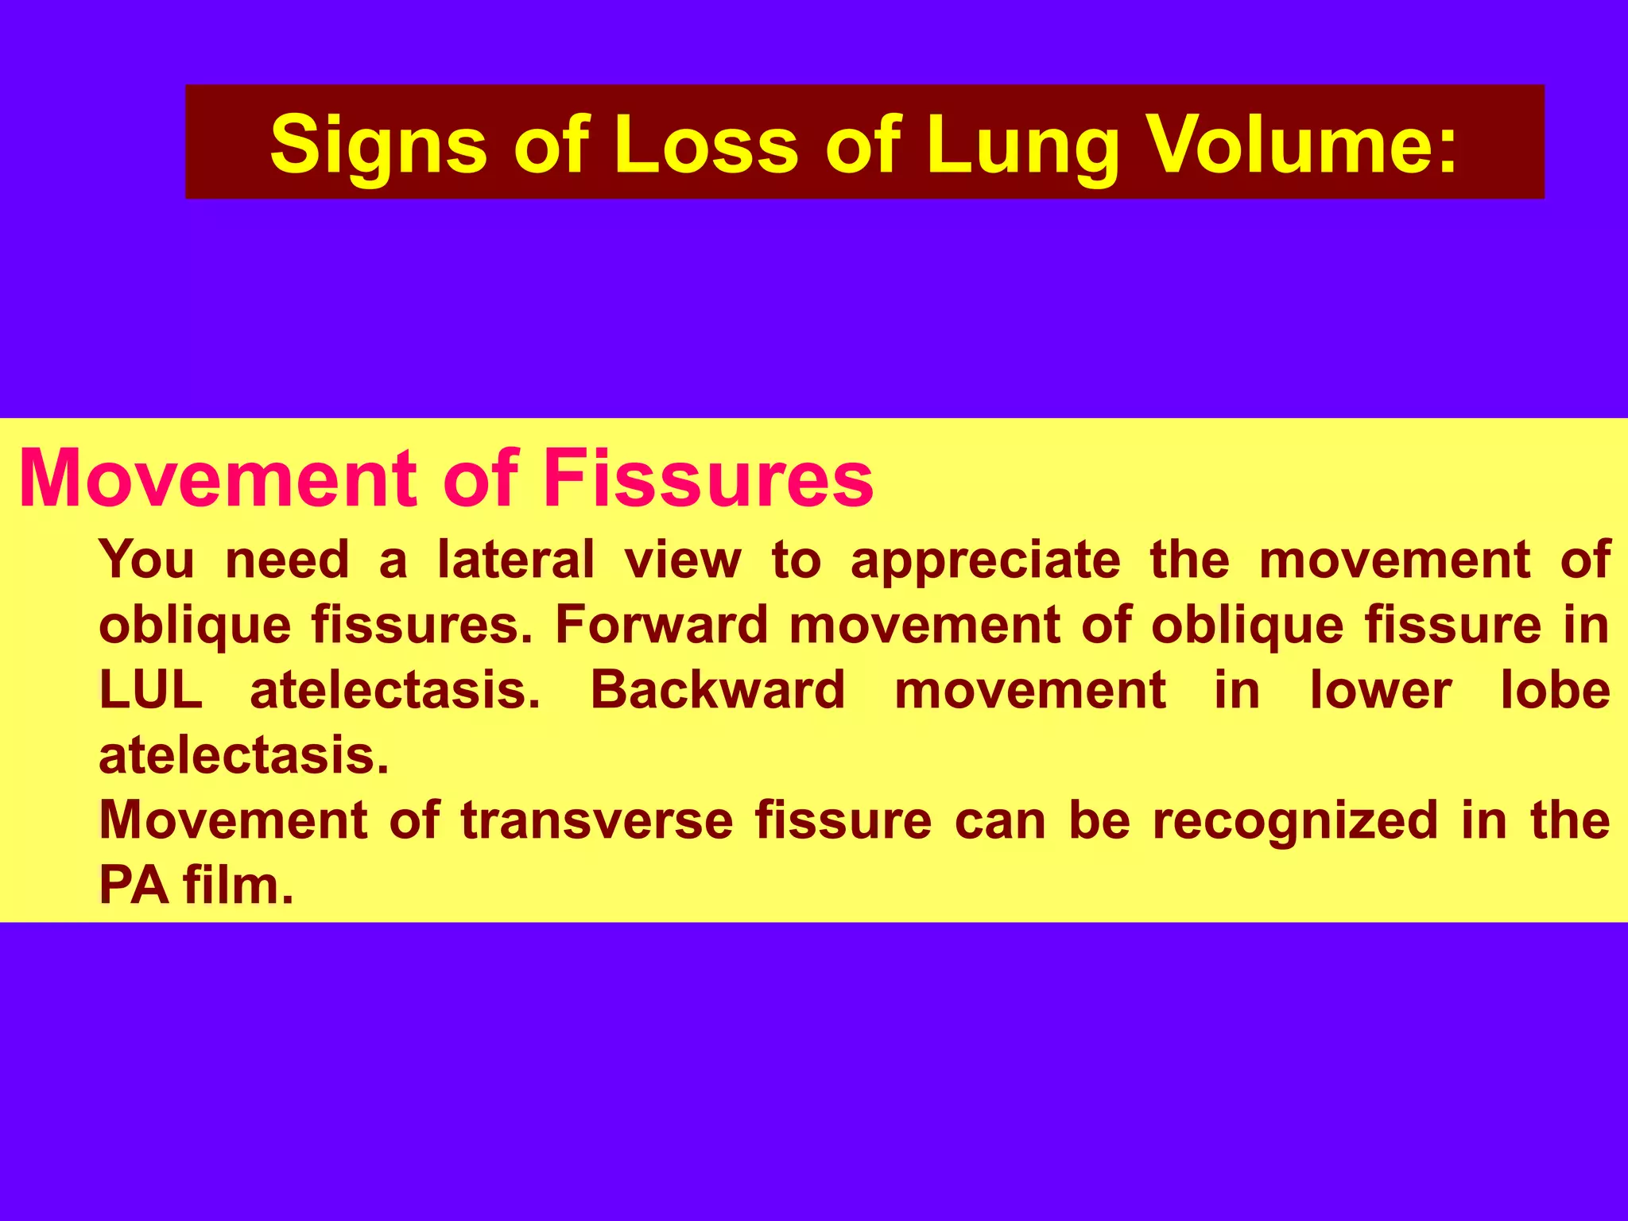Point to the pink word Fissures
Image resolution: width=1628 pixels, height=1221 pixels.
pos(707,479)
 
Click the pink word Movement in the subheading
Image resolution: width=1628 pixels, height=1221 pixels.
pos(217,479)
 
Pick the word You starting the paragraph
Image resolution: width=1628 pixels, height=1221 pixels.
pos(146,560)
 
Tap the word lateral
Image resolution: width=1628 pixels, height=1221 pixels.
pos(516,560)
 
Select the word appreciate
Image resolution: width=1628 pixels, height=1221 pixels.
pos(986,561)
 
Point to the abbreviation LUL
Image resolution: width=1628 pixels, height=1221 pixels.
pos(151,690)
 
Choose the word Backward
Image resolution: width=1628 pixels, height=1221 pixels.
pos(717,690)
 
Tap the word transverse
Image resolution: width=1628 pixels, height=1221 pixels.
pos(597,820)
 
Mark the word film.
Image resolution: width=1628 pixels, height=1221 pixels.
pos(238,886)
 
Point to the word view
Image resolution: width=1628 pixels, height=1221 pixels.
pos(683,560)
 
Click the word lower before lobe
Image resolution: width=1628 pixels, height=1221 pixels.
pos(1381,690)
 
